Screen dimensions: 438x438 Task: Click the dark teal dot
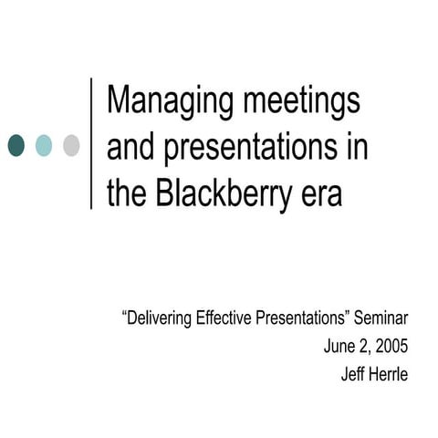[x=16, y=144]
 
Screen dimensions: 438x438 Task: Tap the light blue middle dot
[x=44, y=144]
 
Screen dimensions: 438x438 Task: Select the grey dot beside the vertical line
[x=71, y=144]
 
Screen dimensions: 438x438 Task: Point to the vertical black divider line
[x=92, y=143]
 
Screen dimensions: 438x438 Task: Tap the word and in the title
[x=131, y=148]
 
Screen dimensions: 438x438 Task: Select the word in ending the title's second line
[x=356, y=148]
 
